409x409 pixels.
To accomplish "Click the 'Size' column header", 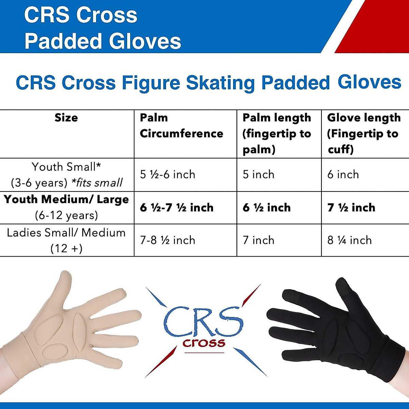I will (x=66, y=118).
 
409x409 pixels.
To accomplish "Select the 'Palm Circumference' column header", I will (x=181, y=126).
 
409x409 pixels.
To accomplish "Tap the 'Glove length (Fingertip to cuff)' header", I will (x=364, y=133).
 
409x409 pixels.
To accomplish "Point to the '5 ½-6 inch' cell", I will (x=168, y=175).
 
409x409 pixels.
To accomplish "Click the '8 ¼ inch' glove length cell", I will (x=349, y=240).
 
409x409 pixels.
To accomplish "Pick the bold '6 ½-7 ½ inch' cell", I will (x=177, y=208).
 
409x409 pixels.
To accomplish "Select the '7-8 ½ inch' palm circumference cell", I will (x=168, y=240).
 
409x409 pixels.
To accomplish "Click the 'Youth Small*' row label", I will (x=66, y=167).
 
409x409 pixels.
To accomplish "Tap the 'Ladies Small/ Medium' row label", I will (x=66, y=233).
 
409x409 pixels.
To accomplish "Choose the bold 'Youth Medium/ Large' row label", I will (x=66, y=199).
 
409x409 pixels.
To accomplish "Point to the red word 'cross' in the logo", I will (x=204, y=343).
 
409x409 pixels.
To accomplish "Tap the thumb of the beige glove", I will (x=63, y=286).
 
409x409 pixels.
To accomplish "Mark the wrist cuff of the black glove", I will (x=392, y=354).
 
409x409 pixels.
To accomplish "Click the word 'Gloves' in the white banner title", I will (x=145, y=41).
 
